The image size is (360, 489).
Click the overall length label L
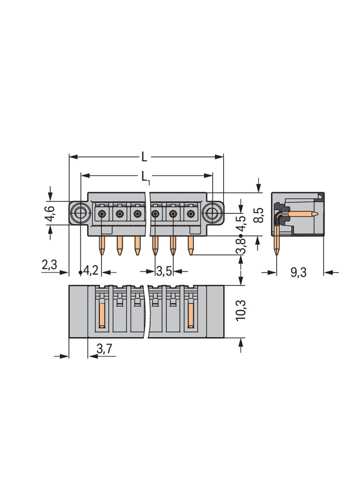[144, 156]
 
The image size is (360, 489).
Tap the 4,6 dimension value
[50, 214]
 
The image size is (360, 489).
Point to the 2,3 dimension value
[49, 265]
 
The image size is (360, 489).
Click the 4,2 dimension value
[91, 270]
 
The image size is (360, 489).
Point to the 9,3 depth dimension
[298, 272]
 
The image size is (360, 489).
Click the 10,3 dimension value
[241, 310]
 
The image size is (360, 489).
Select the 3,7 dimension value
[104, 349]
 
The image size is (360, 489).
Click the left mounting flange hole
[81, 213]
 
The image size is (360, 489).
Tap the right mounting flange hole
[212, 213]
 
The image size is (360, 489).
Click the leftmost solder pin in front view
[102, 246]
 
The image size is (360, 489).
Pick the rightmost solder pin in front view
[190, 246]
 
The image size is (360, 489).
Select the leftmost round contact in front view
[102, 214]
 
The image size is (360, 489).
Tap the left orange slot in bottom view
[102, 315]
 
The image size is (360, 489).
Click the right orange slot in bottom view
[190, 315]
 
